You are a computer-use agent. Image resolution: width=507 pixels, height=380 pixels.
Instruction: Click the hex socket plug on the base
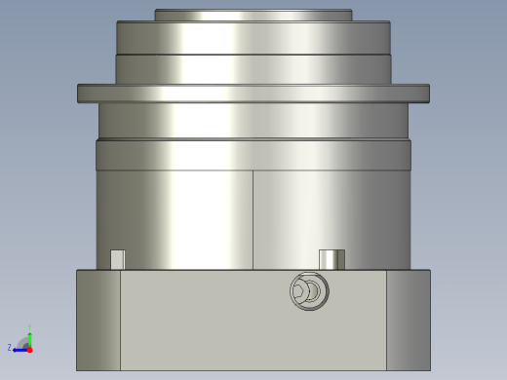[309, 291]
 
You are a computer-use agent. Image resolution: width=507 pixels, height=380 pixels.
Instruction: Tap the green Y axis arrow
[29, 337]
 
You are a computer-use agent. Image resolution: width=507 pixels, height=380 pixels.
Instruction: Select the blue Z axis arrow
[19, 348]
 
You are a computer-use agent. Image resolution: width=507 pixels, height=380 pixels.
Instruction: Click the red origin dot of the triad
[29, 348]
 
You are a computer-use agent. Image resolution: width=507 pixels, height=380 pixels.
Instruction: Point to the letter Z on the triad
[10, 348]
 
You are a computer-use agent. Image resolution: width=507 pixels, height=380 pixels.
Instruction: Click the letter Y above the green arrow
[29, 327]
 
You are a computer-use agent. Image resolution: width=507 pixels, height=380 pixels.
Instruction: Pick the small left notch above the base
[117, 259]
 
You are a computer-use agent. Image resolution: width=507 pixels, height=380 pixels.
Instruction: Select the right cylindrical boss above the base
[331, 259]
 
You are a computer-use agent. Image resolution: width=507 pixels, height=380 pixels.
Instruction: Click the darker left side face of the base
[98, 320]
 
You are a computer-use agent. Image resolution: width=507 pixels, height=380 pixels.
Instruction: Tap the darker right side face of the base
[408, 320]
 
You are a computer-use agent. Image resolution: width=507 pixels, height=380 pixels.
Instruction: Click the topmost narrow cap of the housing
[253, 15]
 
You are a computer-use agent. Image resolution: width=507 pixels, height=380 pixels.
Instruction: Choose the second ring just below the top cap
[253, 37]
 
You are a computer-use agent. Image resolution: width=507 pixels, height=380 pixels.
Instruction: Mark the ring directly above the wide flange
[253, 69]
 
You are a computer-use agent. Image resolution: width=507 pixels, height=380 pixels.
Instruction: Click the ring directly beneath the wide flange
[253, 120]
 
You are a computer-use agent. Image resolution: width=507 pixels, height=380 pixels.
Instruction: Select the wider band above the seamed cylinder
[253, 155]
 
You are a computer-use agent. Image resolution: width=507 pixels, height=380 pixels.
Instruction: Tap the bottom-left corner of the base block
[78, 368]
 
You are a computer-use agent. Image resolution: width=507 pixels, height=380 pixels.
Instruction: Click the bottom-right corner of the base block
[429, 368]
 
